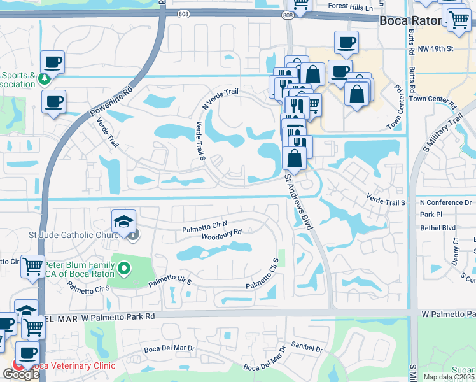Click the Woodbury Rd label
click(221, 234)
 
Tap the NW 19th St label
click(435, 48)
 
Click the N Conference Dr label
click(445, 202)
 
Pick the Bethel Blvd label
click(438, 227)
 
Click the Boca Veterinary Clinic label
click(73, 365)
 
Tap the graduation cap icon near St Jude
click(124, 221)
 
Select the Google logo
click(20, 374)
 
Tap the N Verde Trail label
click(220, 97)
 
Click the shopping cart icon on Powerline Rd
click(32, 267)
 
